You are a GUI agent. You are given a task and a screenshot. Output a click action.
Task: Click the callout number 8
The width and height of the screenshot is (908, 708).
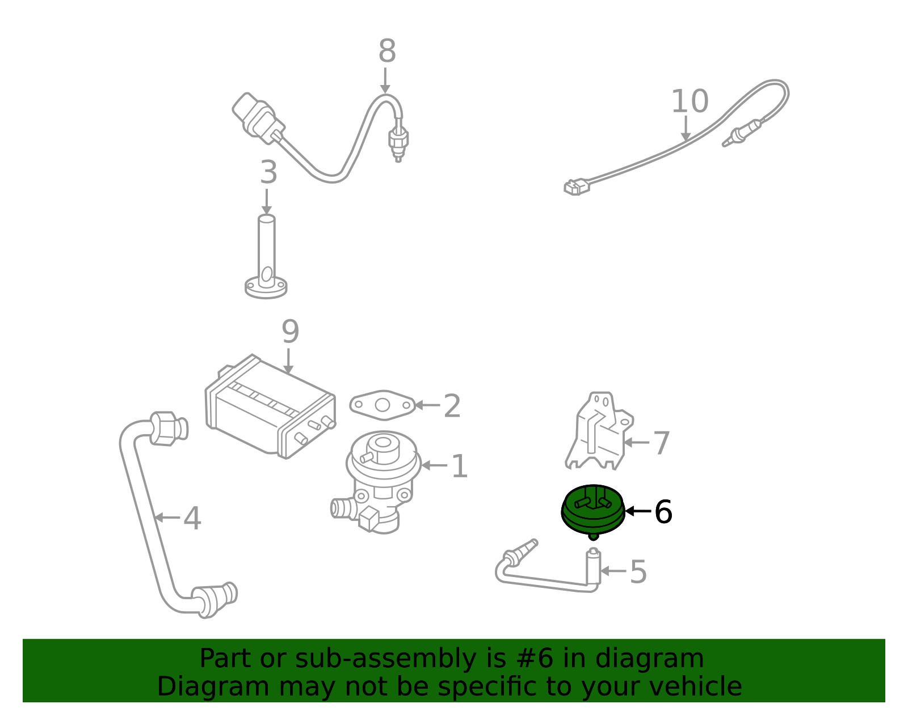pos(387,52)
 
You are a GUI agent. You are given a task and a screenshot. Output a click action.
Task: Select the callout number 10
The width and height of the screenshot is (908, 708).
pos(690,101)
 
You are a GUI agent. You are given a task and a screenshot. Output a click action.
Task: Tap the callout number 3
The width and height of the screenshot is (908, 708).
pos(268,172)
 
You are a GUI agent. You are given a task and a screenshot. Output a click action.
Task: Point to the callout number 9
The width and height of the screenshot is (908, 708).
pos(291,332)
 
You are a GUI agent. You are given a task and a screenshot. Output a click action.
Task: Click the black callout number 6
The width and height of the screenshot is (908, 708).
pos(663,512)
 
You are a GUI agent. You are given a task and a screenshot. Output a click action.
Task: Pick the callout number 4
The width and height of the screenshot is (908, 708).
pos(192,519)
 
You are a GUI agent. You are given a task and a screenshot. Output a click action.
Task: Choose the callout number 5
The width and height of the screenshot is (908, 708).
pos(638,572)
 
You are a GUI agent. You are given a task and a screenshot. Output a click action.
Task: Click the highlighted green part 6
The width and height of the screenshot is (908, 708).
pos(593,512)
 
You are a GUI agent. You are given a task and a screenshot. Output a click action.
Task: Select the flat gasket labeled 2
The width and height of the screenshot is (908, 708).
pos(382,405)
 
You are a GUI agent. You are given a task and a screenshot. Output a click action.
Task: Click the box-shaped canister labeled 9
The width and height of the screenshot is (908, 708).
pos(270,407)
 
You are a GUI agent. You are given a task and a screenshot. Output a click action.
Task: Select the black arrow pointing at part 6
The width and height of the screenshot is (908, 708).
pos(638,511)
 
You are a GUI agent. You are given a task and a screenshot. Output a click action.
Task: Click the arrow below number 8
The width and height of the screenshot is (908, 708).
pos(385,80)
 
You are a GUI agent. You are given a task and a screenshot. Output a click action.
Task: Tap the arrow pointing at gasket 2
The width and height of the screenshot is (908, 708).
pos(427,405)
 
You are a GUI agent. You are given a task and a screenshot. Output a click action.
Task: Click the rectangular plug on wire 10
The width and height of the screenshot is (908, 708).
pos(577,187)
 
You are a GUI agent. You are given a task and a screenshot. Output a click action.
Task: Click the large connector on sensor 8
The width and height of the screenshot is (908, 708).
pos(258,118)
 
